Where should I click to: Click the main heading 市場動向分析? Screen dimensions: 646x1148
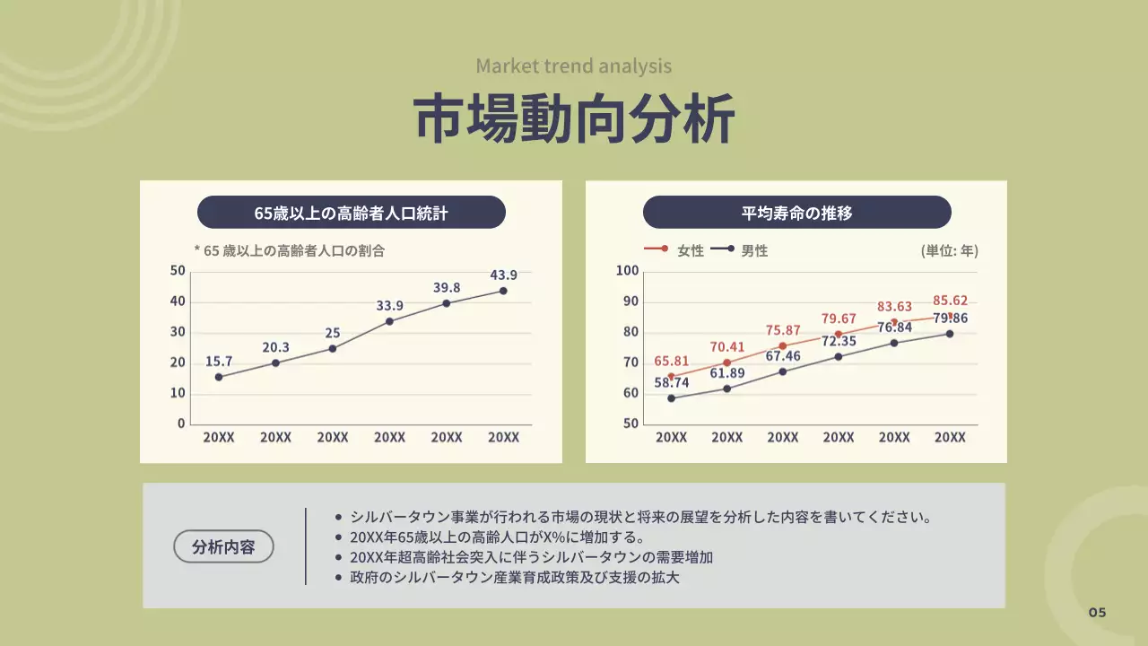click(x=574, y=118)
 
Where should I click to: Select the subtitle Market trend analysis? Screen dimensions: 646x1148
click(x=574, y=65)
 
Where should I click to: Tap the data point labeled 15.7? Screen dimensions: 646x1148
click(x=219, y=377)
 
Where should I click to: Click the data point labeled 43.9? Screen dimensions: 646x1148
click(x=503, y=291)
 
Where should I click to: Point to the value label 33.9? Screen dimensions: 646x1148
click(x=389, y=306)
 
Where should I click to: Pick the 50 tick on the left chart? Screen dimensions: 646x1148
click(x=178, y=271)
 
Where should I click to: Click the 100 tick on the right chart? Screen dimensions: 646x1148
click(x=628, y=271)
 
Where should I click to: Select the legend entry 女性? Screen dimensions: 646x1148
click(x=691, y=251)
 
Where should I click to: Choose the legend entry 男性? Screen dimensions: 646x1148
click(x=754, y=251)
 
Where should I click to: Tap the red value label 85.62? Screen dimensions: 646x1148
click(x=950, y=301)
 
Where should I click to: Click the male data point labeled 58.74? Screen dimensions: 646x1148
click(x=671, y=398)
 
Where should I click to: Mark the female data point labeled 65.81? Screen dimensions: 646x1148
click(x=671, y=376)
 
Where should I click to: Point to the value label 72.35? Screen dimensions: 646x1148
click(x=839, y=341)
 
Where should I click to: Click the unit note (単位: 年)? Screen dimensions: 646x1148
click(x=950, y=251)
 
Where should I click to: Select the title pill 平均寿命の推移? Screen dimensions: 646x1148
click(x=796, y=213)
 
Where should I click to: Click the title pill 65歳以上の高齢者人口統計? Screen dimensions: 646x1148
click(x=351, y=213)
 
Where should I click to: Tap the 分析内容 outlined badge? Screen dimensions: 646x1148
click(x=223, y=546)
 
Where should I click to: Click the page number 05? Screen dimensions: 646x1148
click(x=1098, y=613)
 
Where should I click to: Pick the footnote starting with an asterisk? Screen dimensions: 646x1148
click(x=289, y=251)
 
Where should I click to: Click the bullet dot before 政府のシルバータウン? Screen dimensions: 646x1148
click(x=338, y=578)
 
